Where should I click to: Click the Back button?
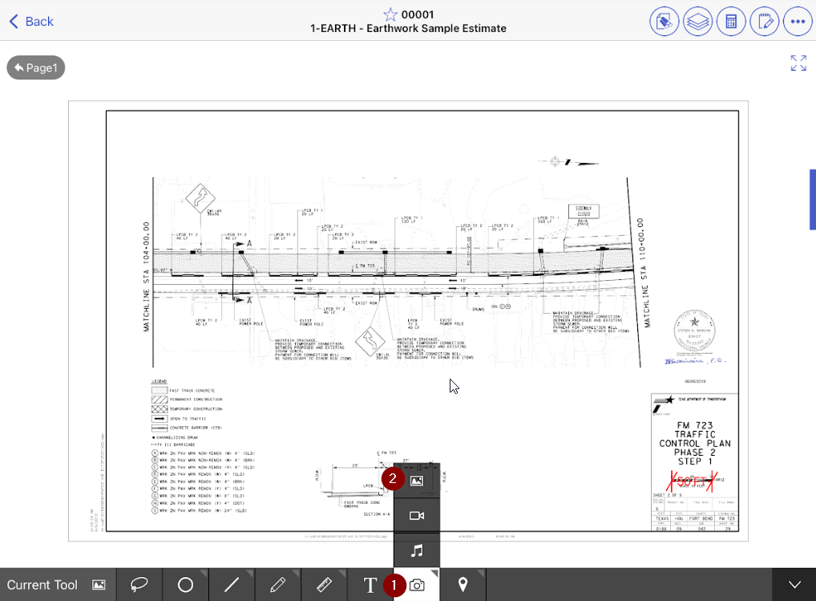30,22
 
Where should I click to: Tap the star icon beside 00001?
390,14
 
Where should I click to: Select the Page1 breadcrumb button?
36,68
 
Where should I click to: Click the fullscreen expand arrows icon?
798,63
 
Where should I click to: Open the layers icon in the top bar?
697,22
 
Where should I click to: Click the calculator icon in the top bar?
730,22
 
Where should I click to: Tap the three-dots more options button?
798,22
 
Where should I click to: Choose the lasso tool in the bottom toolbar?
139,585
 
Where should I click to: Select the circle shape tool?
185,585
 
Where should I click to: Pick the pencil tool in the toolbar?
278,585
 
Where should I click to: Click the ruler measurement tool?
325,585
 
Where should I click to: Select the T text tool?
370,585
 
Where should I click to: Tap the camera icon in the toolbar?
417,585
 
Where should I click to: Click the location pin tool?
463,585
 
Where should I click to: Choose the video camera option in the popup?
417,516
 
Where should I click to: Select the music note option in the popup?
417,551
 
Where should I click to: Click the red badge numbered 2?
393,478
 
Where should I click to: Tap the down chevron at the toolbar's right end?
794,585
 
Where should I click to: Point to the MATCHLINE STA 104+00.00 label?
147,277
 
